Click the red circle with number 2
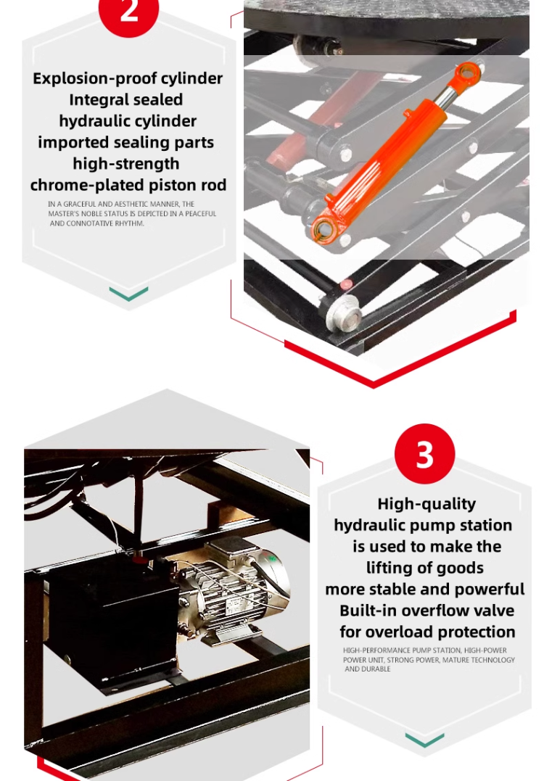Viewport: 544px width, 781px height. (x=128, y=11)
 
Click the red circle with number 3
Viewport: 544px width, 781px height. (x=424, y=454)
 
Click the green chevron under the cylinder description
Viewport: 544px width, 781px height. (x=128, y=294)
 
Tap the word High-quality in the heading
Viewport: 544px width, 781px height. (x=426, y=503)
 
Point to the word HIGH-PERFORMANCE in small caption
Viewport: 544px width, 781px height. (x=376, y=650)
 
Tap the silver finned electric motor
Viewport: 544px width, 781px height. (x=231, y=592)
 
